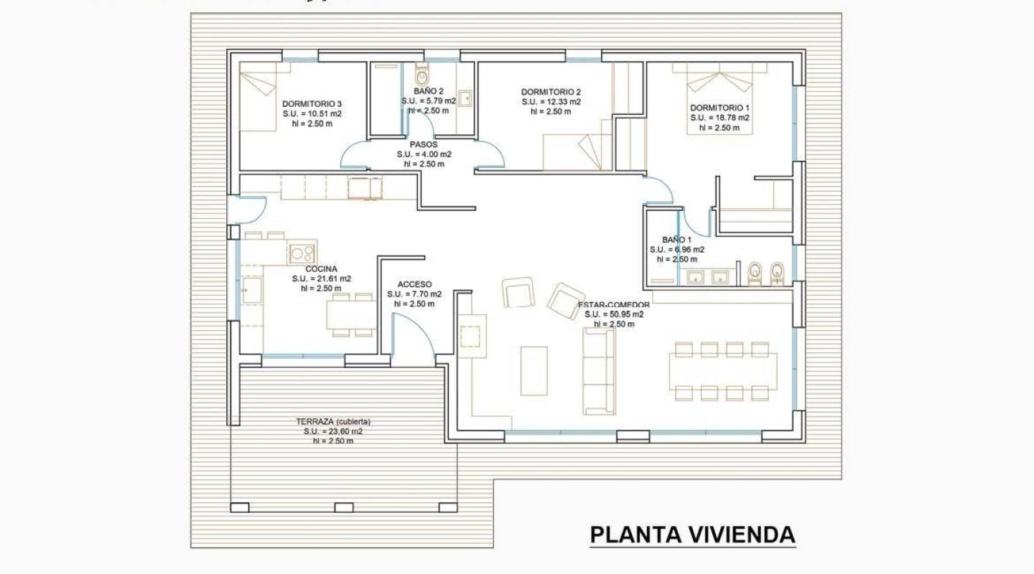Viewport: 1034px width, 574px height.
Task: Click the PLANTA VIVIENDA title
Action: [x=692, y=535]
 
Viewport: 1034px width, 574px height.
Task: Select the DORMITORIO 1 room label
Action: [x=719, y=107]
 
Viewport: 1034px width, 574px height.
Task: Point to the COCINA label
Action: [x=321, y=269]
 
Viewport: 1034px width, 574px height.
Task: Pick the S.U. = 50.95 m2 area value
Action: [x=613, y=314]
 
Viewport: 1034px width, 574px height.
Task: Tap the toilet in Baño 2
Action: [x=422, y=75]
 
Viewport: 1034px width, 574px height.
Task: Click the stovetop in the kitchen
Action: [x=302, y=253]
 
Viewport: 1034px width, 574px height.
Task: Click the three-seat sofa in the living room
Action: [x=599, y=373]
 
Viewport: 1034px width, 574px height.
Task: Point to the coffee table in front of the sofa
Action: [x=534, y=371]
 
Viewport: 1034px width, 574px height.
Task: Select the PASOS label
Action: [x=424, y=144]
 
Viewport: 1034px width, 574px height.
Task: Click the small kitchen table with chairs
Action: [x=352, y=314]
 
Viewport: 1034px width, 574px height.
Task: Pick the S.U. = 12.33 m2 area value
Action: [x=551, y=102]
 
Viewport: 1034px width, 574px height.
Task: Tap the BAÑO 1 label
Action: [x=676, y=240]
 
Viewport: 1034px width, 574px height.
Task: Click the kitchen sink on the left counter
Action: [x=251, y=291]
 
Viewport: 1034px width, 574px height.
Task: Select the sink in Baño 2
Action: [x=465, y=97]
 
